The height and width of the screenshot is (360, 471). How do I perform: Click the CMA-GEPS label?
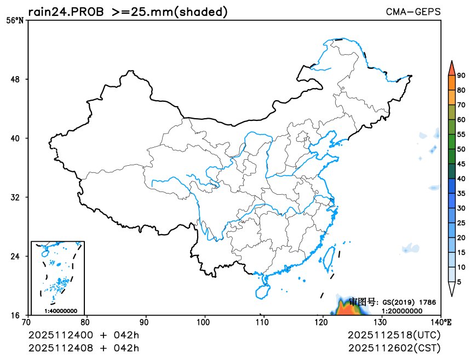[x=413, y=11]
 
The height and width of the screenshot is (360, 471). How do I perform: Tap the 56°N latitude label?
[x=15, y=21]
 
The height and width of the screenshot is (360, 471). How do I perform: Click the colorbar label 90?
[x=461, y=76]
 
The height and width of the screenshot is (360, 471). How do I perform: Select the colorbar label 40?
[x=461, y=178]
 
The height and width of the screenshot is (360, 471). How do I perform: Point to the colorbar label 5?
[x=459, y=281]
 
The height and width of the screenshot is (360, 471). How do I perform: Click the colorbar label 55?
[x=461, y=134]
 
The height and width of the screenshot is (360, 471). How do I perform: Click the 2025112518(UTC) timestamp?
[x=394, y=334]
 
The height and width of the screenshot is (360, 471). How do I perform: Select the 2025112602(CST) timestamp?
[x=394, y=347]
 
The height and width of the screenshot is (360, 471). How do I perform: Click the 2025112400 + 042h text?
[x=84, y=334]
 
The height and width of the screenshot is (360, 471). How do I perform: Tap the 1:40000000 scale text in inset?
[x=60, y=311]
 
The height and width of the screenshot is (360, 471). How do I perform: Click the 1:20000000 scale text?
[x=402, y=310]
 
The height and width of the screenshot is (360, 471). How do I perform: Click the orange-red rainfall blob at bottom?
[x=346, y=309]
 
